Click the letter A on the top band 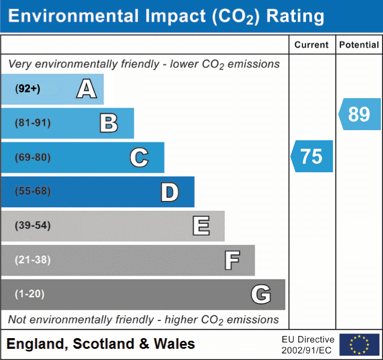(86, 89)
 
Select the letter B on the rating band (109, 123)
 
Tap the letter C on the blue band (139, 157)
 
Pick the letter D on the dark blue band (169, 192)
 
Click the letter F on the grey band (231, 260)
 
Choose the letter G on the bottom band (260, 294)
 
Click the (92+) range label (28, 89)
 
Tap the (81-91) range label (32, 123)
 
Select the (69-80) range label (32, 157)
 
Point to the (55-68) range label (32, 191)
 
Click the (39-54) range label (32, 226)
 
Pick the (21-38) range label (32, 260)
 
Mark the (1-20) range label (29, 294)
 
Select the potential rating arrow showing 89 (360, 114)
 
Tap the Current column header (312, 45)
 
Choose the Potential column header (359, 45)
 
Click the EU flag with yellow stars (359, 345)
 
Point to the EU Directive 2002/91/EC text (308, 345)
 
